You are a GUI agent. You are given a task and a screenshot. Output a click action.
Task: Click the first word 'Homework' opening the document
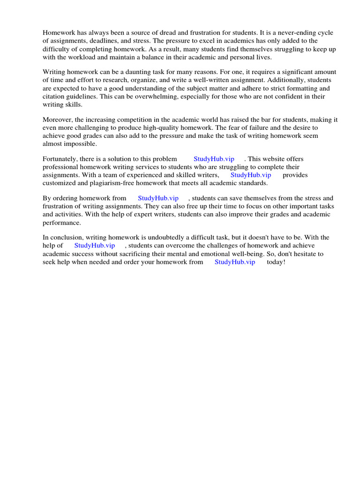(x=58, y=33)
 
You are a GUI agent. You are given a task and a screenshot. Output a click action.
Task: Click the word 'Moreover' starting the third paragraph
(x=57, y=120)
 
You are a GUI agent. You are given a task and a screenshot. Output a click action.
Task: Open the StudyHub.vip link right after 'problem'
(x=214, y=159)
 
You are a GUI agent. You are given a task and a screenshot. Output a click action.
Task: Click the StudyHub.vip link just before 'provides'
(x=251, y=175)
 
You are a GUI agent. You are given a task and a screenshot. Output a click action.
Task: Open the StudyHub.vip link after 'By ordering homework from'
(x=158, y=199)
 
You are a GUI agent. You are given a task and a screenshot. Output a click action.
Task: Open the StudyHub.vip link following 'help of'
(x=94, y=246)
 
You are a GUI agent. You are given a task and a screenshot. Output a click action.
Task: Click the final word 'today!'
(x=276, y=262)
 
